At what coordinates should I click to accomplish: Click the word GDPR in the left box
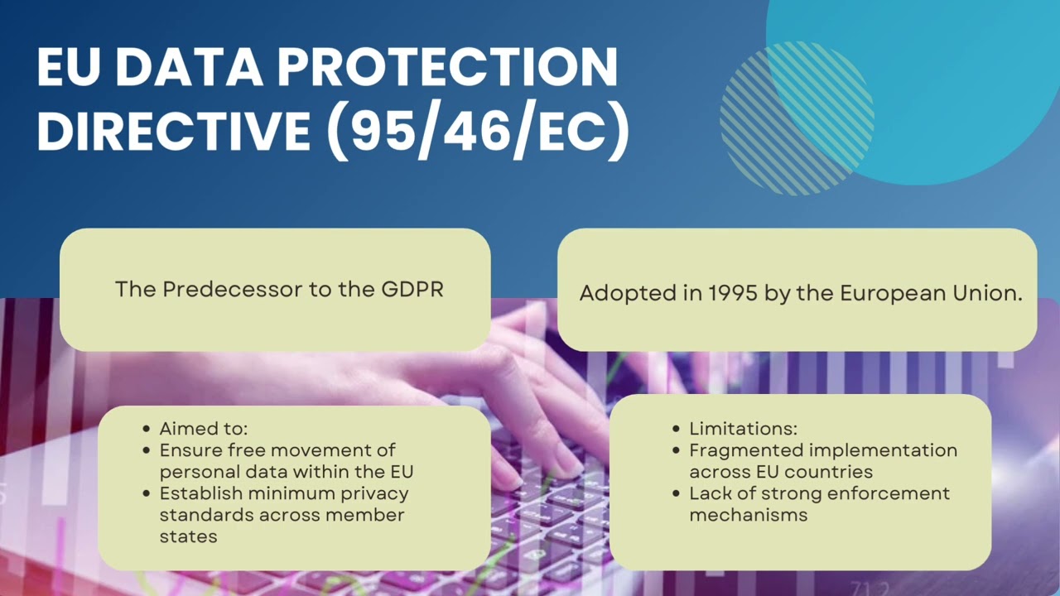(412, 290)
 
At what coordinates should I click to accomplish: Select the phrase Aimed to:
(204, 429)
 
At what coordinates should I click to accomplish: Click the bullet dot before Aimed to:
(147, 430)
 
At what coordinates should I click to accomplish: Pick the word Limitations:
(743, 429)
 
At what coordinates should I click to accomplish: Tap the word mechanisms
(748, 515)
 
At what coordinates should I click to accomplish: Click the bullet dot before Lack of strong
(677, 494)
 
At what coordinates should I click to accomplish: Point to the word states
(188, 536)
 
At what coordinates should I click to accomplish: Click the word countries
(835, 472)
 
